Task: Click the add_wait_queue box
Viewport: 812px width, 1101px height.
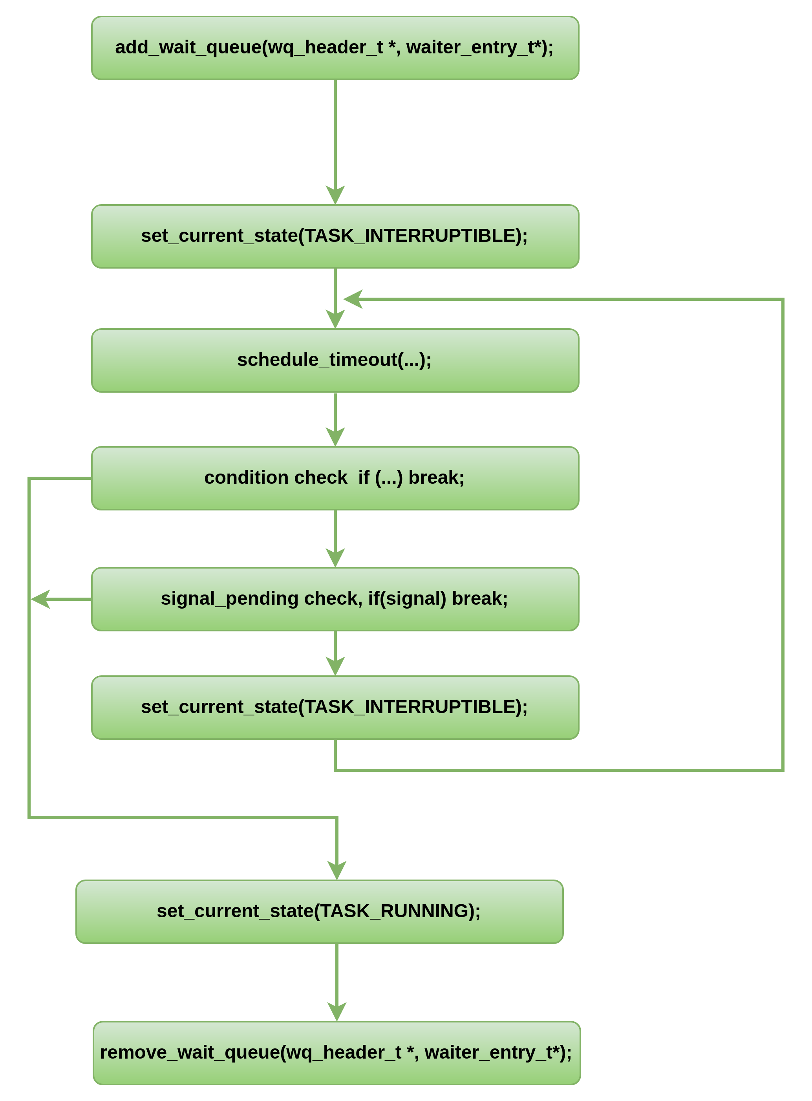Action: (335, 48)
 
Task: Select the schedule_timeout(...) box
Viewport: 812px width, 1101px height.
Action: (335, 360)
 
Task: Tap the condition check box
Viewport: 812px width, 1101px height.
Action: (335, 478)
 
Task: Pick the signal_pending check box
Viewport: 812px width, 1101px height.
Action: (335, 599)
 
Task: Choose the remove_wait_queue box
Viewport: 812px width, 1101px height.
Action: (337, 1053)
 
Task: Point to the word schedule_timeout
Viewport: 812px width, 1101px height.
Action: (316, 360)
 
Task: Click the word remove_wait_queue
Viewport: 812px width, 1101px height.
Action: (190, 1052)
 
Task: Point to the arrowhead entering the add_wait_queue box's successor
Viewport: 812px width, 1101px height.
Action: (335, 196)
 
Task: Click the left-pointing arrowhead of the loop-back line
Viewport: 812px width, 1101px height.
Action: (353, 299)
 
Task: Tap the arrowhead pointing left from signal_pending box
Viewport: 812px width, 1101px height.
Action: (40, 599)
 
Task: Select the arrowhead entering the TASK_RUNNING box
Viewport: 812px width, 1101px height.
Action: (337, 871)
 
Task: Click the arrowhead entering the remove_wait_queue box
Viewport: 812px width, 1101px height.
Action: (337, 1011)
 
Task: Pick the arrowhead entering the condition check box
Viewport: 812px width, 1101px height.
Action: (335, 437)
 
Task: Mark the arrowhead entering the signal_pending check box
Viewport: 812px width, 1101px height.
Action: (335, 558)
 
